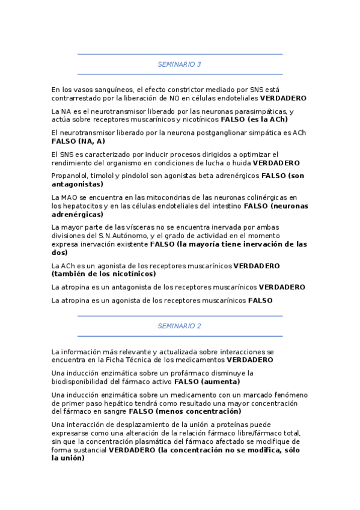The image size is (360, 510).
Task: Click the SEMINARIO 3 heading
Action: (x=179, y=64)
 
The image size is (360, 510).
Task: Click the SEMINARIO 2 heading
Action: (x=179, y=325)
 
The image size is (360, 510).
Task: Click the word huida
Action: (x=240, y=163)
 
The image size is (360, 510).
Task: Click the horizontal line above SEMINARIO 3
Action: (x=180, y=54)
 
